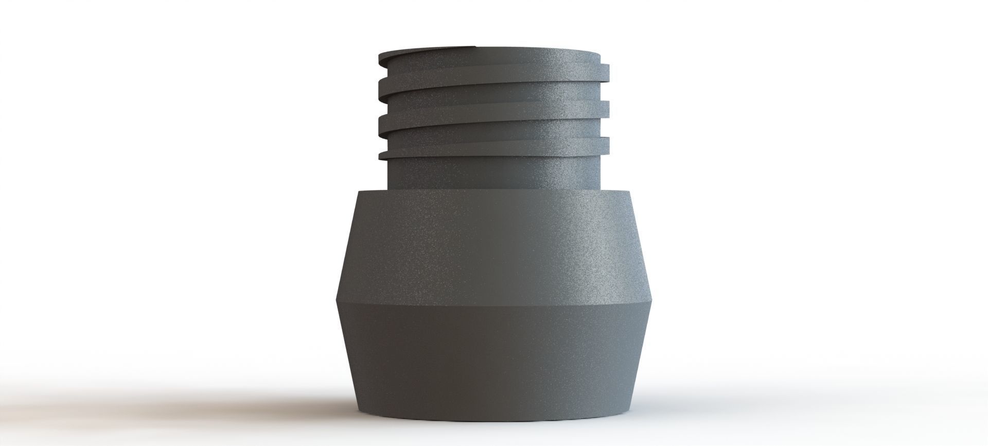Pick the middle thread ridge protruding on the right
605,107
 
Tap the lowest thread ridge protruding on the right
605,143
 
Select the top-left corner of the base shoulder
358,192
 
